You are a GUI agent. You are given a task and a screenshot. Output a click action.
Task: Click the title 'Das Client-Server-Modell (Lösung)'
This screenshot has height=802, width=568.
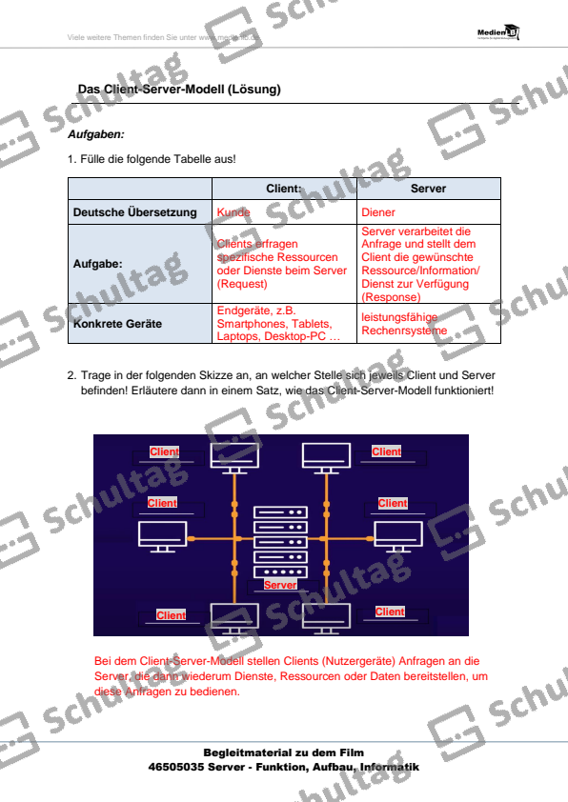tap(178, 90)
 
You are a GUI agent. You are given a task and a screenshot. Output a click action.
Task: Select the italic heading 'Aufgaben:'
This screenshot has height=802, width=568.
tap(96, 135)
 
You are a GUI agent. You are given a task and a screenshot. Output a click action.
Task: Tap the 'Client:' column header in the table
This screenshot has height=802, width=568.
tap(283, 189)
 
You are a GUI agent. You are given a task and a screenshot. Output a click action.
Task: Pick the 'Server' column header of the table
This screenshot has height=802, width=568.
tap(428, 189)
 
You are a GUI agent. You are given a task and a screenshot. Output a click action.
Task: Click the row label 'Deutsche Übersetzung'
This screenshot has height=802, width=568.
tap(135, 212)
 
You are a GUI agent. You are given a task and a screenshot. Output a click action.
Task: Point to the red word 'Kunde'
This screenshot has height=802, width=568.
tap(233, 212)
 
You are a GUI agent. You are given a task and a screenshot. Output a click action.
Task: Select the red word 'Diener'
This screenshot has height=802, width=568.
tap(378, 212)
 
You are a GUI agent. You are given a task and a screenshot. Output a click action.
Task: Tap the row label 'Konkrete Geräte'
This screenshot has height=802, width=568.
tap(117, 324)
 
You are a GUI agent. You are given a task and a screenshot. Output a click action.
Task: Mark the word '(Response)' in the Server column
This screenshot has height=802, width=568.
tap(391, 297)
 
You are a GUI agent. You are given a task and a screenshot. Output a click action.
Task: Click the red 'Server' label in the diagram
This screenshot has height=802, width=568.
tap(280, 585)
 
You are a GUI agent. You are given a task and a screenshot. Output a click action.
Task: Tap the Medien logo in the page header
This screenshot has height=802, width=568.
tap(497, 34)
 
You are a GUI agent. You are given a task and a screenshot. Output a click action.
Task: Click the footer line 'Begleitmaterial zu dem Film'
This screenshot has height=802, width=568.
tap(283, 752)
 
